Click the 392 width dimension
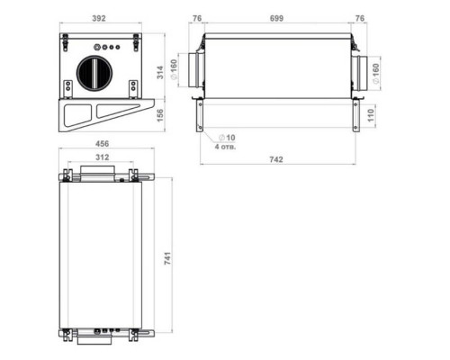pyautogui.click(x=99, y=18)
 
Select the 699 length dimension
pyautogui.click(x=276, y=18)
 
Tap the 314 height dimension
pyautogui.click(x=160, y=72)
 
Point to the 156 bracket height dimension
pyautogui.click(x=160, y=115)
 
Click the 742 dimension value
pyautogui.click(x=276, y=159)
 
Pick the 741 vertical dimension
pyautogui.click(x=167, y=258)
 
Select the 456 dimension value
pyautogui.click(x=102, y=144)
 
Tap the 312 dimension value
pyautogui.click(x=102, y=157)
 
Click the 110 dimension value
pyautogui.click(x=371, y=115)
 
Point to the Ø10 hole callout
pyautogui.click(x=227, y=138)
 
